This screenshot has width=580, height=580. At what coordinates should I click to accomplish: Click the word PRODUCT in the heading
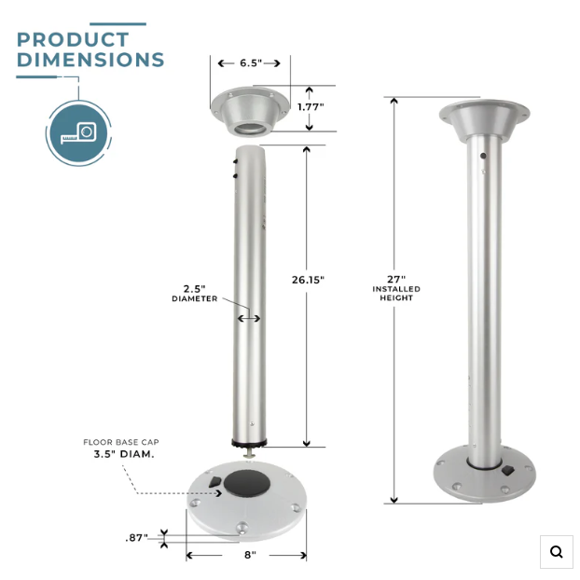coord(73,39)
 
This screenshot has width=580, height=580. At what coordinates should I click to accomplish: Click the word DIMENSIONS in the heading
coord(90,60)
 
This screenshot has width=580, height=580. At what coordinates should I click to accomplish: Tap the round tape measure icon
coord(78,133)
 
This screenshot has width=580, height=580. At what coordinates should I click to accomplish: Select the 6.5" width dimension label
coord(251,62)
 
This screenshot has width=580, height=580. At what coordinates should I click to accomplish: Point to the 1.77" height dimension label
coord(311,107)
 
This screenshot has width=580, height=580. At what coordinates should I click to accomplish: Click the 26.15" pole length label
coord(308,280)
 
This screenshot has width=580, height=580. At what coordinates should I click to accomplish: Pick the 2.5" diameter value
coord(195,289)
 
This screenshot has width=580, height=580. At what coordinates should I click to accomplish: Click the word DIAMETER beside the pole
coord(195,298)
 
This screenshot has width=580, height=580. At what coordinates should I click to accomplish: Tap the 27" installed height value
coord(396,279)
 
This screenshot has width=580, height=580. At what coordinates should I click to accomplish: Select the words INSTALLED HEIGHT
coord(396,294)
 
